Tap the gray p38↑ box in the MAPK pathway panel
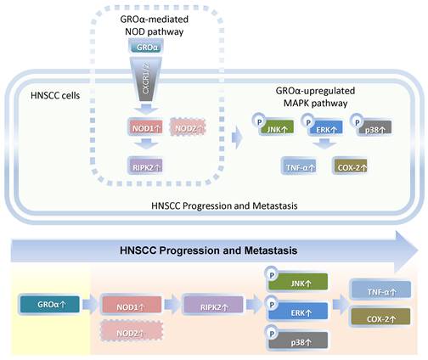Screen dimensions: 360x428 [x=386, y=129]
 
